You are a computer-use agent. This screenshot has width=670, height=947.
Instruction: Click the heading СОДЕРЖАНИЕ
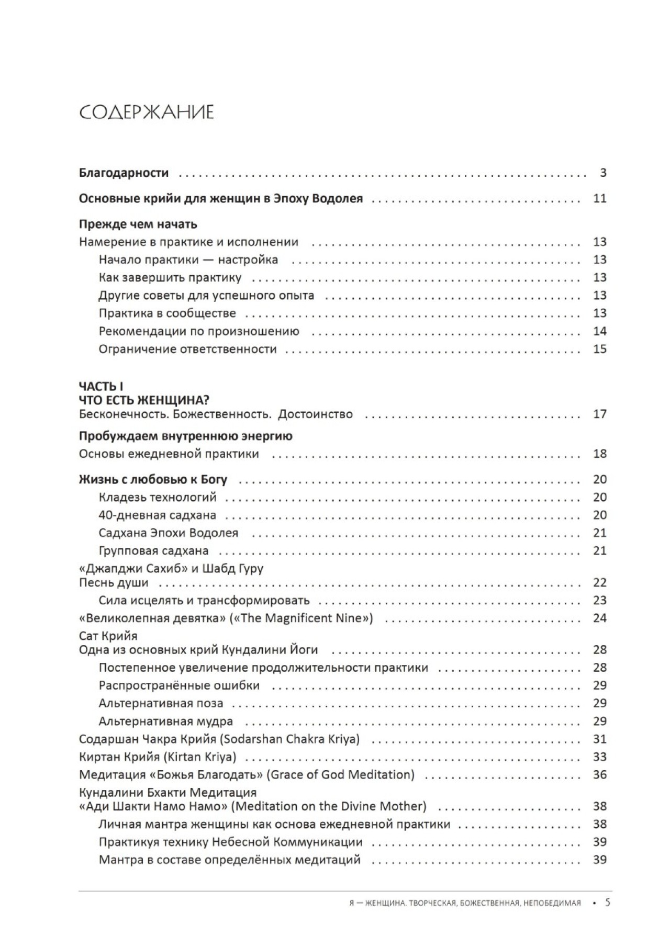[146, 112]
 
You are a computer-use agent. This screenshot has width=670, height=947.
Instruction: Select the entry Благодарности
[124, 173]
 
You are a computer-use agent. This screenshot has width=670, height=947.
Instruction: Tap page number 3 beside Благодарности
[603, 173]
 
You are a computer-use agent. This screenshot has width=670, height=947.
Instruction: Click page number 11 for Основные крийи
[600, 198]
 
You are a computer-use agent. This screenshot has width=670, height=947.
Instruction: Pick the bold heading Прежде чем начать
[138, 224]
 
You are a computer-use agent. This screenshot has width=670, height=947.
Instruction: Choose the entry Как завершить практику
[170, 278]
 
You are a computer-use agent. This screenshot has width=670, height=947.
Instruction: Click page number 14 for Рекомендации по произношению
[600, 331]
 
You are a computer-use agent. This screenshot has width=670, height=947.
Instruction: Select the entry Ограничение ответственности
[187, 349]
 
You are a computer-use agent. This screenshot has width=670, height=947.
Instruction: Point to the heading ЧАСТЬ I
[101, 387]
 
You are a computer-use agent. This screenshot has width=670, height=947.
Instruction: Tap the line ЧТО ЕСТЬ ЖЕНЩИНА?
[144, 400]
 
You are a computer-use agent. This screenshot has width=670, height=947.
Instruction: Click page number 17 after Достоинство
[600, 414]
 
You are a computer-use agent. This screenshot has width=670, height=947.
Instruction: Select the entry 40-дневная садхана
[157, 515]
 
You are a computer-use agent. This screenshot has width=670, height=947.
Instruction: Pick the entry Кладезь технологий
[157, 497]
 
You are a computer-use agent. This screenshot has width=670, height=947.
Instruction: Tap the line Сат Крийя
[108, 636]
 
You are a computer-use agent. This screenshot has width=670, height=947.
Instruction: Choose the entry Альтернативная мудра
[165, 721]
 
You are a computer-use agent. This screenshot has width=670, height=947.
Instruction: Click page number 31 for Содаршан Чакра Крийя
[600, 739]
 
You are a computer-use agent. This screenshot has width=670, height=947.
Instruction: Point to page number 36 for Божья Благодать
[600, 775]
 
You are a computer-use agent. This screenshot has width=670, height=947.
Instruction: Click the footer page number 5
[608, 903]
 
